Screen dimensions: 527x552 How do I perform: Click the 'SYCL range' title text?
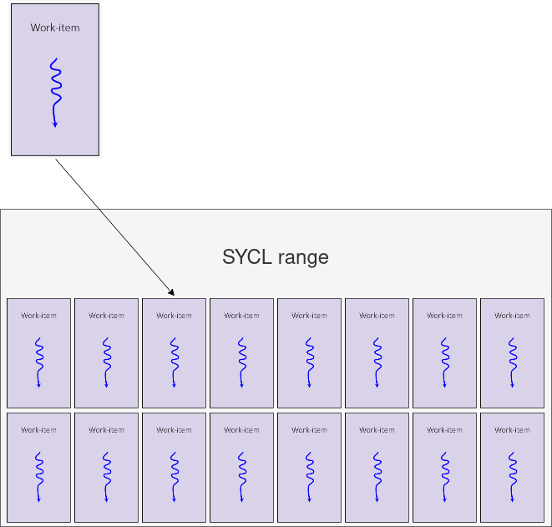click(x=276, y=257)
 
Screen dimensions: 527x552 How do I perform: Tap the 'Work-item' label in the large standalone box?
click(x=55, y=28)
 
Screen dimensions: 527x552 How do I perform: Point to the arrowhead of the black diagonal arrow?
click(x=171, y=293)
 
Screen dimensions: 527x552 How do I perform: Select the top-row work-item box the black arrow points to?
click(x=174, y=353)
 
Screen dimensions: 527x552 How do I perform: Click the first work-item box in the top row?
click(x=38, y=353)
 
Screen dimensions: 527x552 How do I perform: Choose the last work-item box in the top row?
click(x=512, y=353)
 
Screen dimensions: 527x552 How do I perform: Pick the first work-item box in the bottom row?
click(x=38, y=467)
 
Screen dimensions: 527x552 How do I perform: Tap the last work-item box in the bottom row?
click(x=512, y=467)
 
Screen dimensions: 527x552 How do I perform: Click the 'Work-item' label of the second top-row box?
click(x=106, y=316)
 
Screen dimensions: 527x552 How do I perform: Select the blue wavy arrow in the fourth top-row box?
click(x=241, y=362)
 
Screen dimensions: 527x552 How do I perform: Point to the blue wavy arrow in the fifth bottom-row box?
click(x=309, y=476)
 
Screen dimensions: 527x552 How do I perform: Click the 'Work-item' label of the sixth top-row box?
click(x=377, y=316)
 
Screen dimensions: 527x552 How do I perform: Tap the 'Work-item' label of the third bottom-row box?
click(x=174, y=430)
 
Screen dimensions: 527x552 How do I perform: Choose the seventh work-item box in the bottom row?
click(x=444, y=467)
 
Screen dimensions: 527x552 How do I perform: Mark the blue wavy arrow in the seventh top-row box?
click(x=444, y=362)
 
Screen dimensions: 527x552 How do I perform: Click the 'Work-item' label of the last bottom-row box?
click(x=512, y=430)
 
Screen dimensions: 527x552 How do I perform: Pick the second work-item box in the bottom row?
click(x=106, y=467)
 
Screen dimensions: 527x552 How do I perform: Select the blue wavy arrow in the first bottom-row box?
click(x=38, y=476)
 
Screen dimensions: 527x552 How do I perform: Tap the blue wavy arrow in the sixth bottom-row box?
click(x=377, y=476)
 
